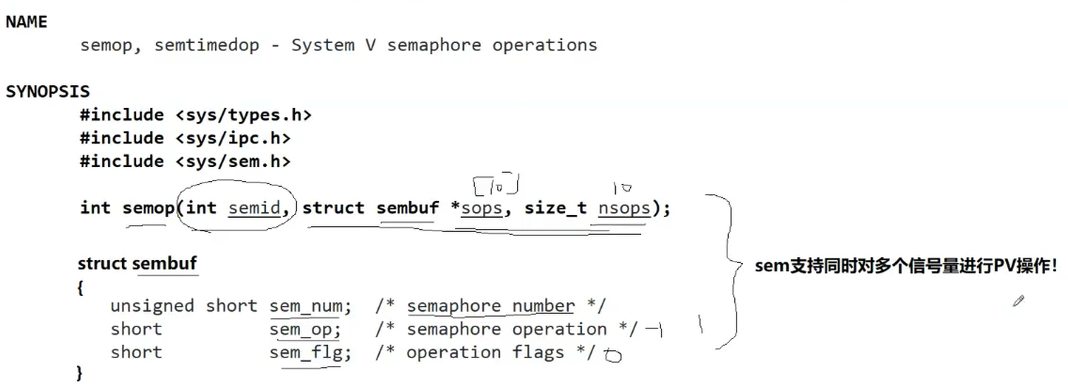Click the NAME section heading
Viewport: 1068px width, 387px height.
click(26, 22)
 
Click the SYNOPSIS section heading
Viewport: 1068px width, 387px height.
click(48, 92)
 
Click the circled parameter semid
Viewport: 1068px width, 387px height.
click(254, 208)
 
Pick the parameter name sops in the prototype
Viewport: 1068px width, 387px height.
click(483, 208)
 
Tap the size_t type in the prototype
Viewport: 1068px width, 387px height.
click(556, 208)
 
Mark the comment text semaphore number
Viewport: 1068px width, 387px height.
click(490, 307)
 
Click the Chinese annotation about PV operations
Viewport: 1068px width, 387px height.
click(906, 266)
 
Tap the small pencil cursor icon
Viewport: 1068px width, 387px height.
click(1018, 301)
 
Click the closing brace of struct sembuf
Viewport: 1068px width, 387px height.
click(79, 374)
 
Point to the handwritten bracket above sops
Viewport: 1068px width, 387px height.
click(497, 185)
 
